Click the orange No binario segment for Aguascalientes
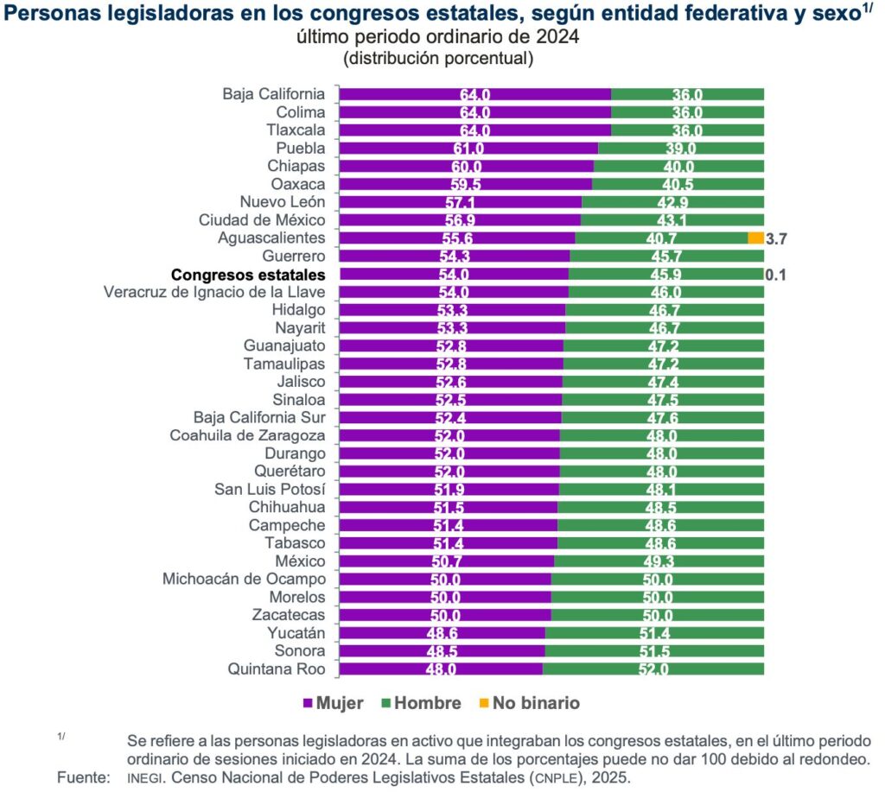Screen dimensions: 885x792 [755, 238]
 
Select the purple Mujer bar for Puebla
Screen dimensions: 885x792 [468, 149]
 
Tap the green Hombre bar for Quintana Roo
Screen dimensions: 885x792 [653, 669]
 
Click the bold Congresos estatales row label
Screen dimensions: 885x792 [248, 275]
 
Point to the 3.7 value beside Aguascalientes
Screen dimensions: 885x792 [776, 239]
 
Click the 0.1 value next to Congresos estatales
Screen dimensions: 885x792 [775, 276]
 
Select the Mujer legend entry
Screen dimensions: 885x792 [333, 703]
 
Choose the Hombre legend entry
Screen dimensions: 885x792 [421, 703]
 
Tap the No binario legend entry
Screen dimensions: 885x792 [530, 703]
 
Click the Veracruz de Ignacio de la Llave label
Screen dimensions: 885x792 [214, 292]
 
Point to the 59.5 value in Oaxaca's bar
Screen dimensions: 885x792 [466, 185]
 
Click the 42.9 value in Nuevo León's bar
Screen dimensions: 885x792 [672, 202]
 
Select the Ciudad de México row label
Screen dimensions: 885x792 [262, 220]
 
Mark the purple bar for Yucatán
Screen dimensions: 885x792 [442, 633]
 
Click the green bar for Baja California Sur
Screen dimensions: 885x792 [663, 417]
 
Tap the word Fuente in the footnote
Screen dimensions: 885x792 [84, 777]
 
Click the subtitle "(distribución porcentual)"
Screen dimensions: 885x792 [438, 58]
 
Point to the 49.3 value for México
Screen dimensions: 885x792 [659, 561]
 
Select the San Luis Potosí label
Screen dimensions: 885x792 [270, 489]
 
